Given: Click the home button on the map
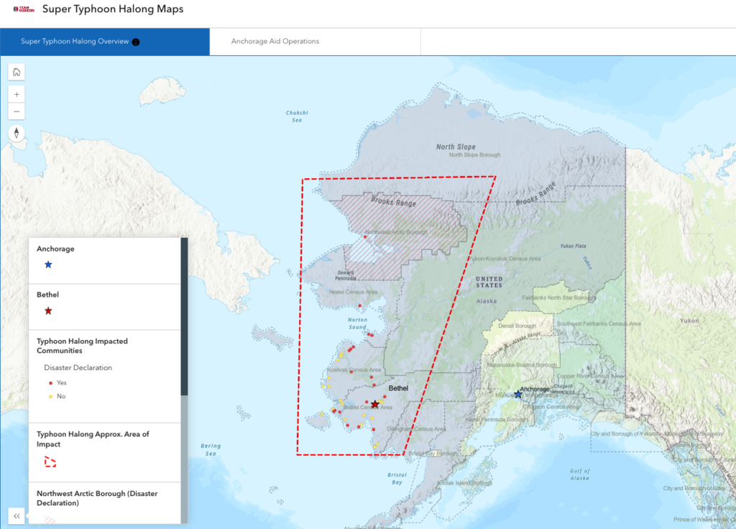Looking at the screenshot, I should [x=17, y=71].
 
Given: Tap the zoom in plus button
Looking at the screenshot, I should [x=17, y=94].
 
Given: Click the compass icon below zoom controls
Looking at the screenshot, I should [x=17, y=134].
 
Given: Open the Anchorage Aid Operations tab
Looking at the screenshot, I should [x=275, y=41].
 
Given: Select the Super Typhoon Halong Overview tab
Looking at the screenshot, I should [x=75, y=41].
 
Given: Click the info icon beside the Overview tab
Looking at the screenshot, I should [x=136, y=42].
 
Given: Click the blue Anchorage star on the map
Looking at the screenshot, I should [x=517, y=394].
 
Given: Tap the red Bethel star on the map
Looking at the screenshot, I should [x=374, y=405].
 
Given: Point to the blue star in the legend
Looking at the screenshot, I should [x=48, y=264].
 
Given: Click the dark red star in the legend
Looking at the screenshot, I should [x=48, y=310].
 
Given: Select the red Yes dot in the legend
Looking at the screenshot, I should [x=50, y=382].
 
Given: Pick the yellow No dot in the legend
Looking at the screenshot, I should [x=50, y=396].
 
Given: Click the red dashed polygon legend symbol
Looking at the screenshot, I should [x=50, y=461].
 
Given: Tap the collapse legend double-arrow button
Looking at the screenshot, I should [x=17, y=516].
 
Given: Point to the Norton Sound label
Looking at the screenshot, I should [x=357, y=323].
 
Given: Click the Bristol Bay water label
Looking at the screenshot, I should [x=396, y=479].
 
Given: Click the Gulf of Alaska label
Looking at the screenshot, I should [x=580, y=474].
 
